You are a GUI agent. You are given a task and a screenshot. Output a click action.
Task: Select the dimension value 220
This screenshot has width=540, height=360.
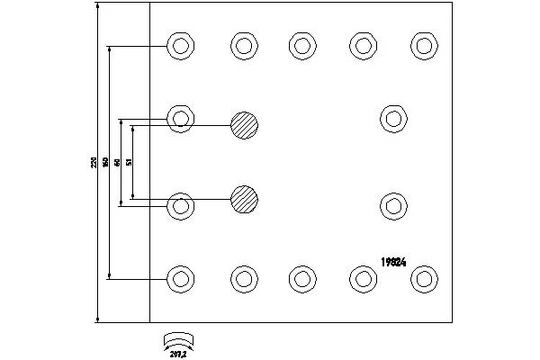pos(93,163)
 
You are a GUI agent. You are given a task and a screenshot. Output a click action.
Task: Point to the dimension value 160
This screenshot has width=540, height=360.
pos(105,163)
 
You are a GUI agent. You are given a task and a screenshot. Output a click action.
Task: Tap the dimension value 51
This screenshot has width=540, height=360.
pos(130,162)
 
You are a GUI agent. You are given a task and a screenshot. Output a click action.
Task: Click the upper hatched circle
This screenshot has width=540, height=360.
pos(244,124)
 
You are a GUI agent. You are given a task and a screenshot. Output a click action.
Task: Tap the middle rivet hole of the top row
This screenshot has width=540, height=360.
pos(302,45)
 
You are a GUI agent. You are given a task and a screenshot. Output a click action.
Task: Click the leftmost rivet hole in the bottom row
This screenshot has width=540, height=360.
pos(181,278)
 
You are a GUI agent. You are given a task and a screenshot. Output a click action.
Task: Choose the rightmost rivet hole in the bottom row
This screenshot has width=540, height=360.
pos(424,278)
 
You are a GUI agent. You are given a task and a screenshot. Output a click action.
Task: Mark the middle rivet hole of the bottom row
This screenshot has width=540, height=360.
pos(302,278)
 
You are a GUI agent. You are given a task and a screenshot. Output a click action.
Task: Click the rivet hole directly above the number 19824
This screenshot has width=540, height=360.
pos(393,204)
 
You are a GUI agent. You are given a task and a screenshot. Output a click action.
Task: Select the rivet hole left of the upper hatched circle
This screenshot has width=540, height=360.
pos(181,118)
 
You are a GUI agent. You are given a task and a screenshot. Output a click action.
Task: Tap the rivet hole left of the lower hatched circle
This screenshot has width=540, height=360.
pos(181,205)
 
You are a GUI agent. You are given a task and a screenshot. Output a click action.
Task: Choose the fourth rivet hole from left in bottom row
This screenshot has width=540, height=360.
pos(363,278)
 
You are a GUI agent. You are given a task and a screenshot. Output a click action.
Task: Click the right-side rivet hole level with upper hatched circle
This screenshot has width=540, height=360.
pos(393,118)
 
